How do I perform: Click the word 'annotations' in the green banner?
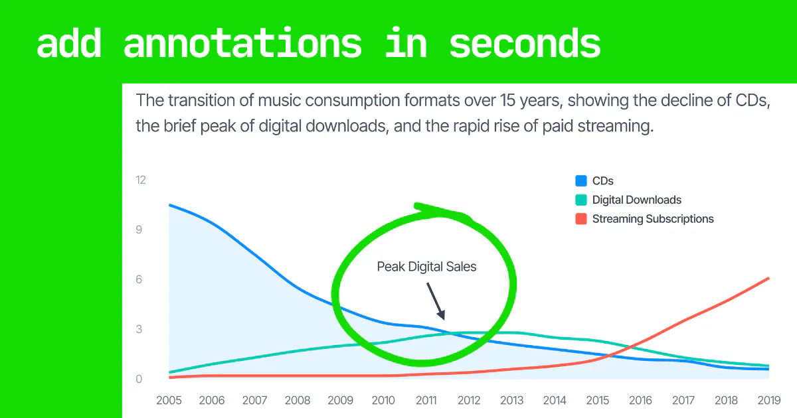(242, 44)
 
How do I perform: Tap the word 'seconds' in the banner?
(525, 44)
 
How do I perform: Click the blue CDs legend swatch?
(581, 181)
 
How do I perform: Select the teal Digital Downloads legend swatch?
(581, 200)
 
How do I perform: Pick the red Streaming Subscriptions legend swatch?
(581, 218)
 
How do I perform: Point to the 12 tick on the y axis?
(141, 180)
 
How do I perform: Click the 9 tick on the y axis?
(139, 230)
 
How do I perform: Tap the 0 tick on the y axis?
(139, 379)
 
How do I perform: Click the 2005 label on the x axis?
(169, 400)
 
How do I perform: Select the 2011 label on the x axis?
(426, 400)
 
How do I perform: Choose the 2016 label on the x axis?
(640, 400)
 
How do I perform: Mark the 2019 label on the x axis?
(769, 400)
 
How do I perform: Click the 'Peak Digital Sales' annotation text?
(426, 267)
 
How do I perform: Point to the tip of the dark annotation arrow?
(444, 320)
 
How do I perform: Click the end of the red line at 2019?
(769, 278)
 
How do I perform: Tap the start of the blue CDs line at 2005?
(170, 205)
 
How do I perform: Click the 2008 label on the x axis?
(298, 400)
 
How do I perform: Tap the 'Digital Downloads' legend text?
(637, 200)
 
